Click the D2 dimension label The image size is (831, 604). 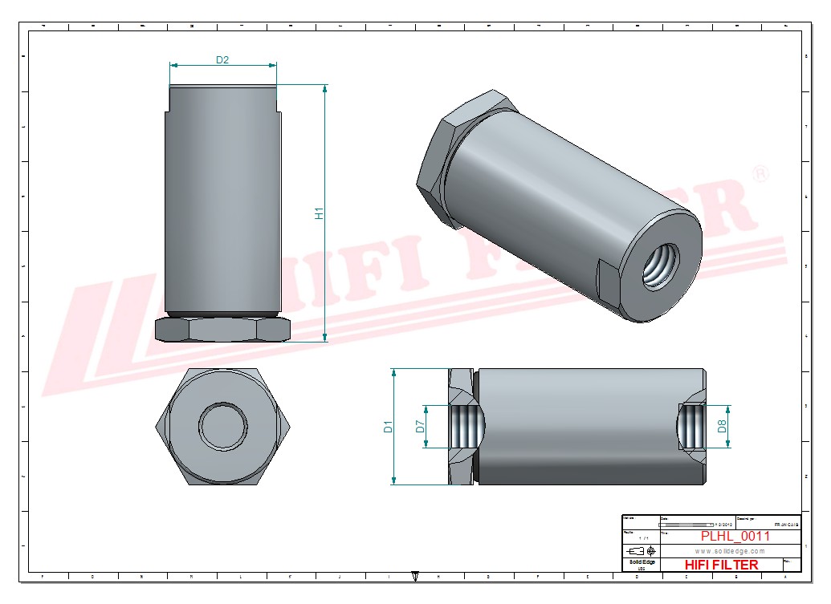coord(222,60)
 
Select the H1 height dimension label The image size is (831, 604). coord(319,213)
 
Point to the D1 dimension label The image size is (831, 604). coord(388,427)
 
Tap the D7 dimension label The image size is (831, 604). coord(420,427)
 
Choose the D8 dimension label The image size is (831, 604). coord(723,427)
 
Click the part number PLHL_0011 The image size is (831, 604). coord(735,537)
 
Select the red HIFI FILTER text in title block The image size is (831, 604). coord(720,565)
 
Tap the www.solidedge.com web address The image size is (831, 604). coord(730,551)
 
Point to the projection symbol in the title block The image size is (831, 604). coord(640,551)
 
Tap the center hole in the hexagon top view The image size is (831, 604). coord(221,425)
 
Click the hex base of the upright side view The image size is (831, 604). coord(222,329)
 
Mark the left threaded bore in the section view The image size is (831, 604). coord(464,427)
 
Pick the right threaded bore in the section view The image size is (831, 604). coord(692,427)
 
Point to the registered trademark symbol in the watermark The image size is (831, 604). coord(761,173)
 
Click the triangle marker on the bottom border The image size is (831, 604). coord(415,574)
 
